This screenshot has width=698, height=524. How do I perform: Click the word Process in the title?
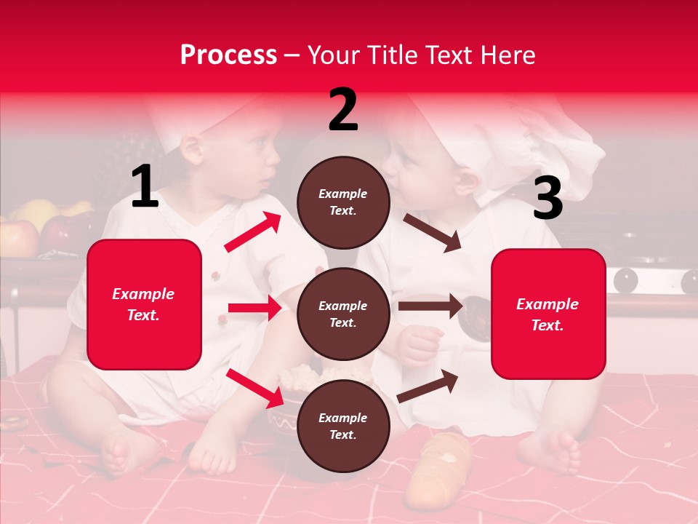(228, 55)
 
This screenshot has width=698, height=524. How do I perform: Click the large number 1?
(145, 187)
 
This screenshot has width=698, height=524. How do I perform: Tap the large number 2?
(343, 110)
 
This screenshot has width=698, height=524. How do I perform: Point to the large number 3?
(547, 198)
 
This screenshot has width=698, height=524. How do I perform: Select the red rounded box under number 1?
(144, 304)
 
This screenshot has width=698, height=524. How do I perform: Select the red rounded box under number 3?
(548, 314)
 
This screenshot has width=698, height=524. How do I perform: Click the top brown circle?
(343, 202)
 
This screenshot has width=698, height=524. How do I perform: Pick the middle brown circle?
(343, 314)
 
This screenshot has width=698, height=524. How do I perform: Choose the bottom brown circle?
(343, 426)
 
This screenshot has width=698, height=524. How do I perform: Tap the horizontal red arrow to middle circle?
(254, 308)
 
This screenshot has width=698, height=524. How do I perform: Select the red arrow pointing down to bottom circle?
(254, 387)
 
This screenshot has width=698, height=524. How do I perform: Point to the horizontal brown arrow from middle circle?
(430, 306)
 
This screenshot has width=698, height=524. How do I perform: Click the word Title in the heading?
(393, 55)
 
